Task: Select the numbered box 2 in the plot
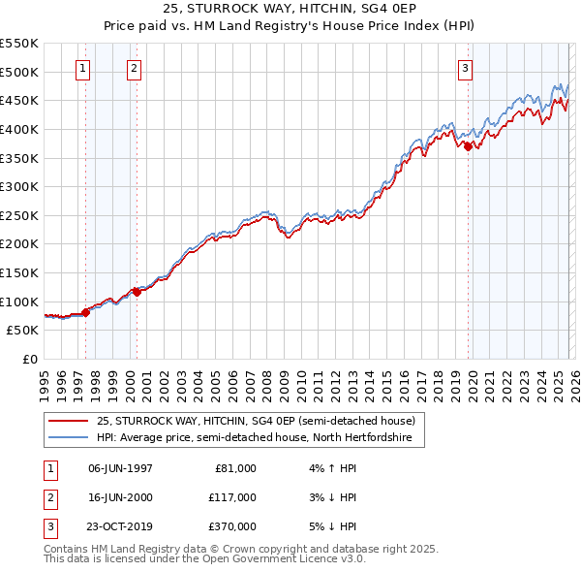[x=133, y=68]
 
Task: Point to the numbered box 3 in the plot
[x=466, y=68]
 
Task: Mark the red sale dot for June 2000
[x=137, y=292]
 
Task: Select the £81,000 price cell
[x=232, y=467]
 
